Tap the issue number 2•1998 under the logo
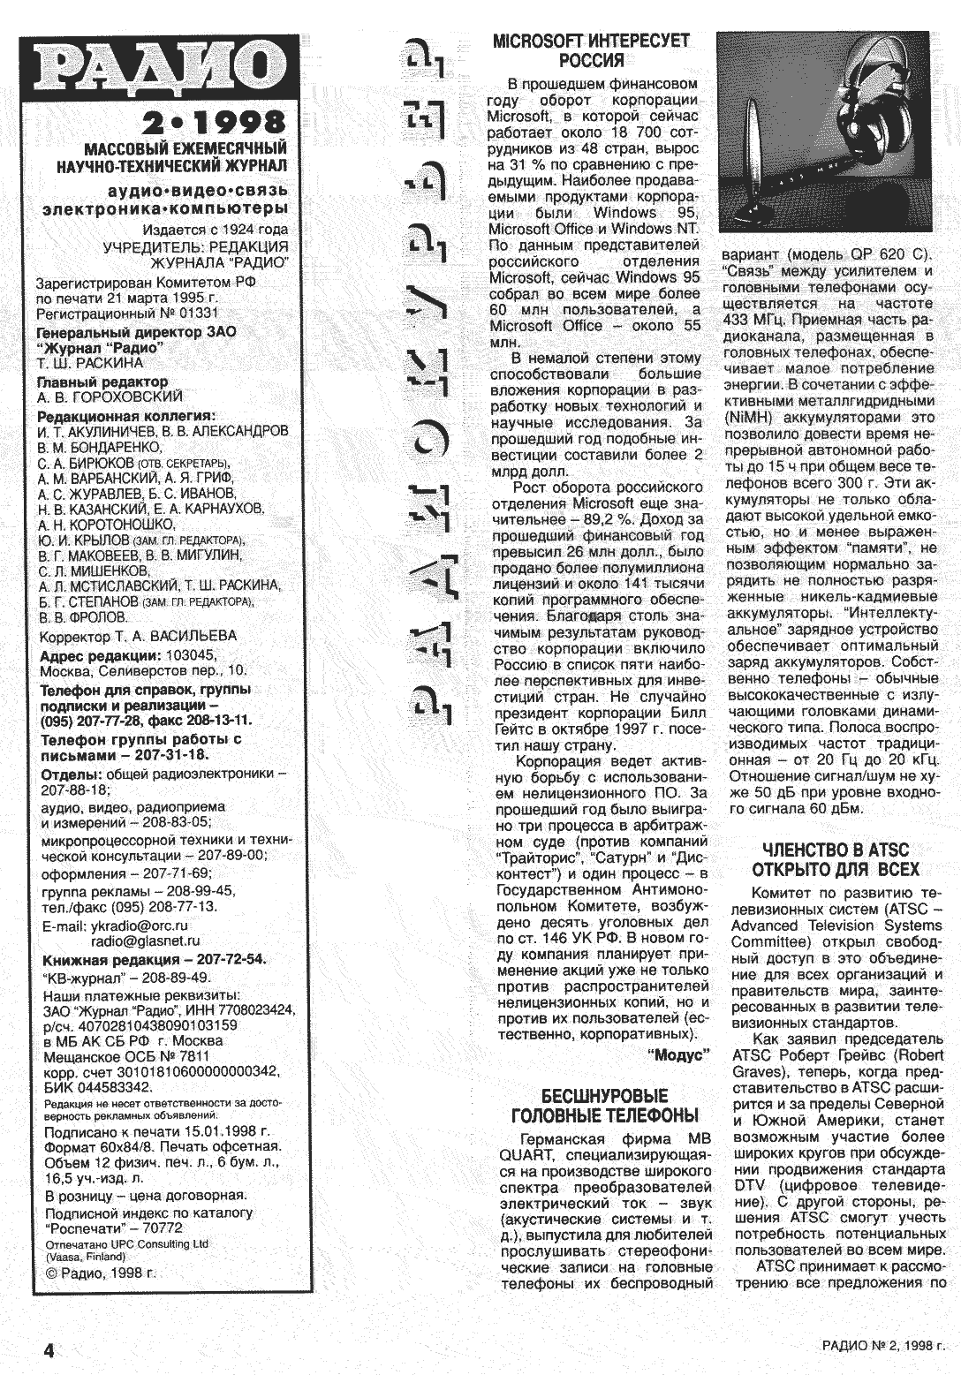point(216,121)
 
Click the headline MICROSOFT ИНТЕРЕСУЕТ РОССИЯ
point(591,50)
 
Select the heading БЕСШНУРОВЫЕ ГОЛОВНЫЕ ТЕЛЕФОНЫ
point(604,1106)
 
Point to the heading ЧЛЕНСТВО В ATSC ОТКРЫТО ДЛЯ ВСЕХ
point(835,859)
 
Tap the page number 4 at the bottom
point(49,1350)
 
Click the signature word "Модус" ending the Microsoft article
point(679,1054)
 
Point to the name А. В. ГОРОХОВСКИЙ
point(110,397)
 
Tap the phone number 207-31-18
point(170,756)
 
